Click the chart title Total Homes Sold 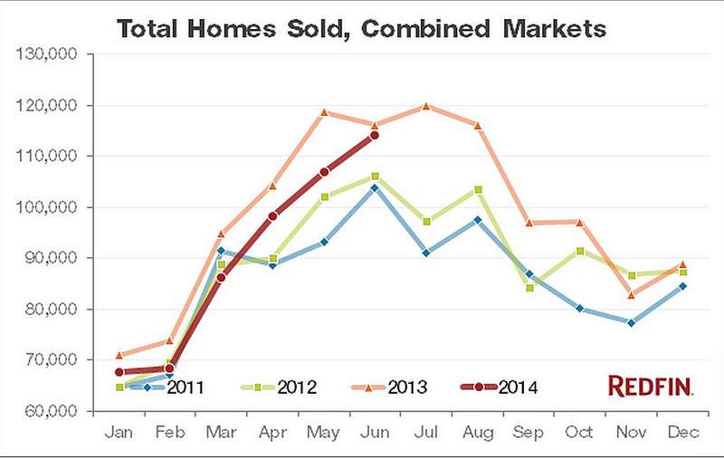(x=360, y=28)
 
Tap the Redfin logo (x=650, y=387)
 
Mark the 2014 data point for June (x=375, y=136)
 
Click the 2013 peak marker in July (x=426, y=106)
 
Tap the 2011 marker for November (x=631, y=322)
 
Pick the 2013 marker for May (x=324, y=112)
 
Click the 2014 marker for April (x=272, y=216)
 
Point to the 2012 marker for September (x=529, y=288)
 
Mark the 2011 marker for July (x=426, y=253)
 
